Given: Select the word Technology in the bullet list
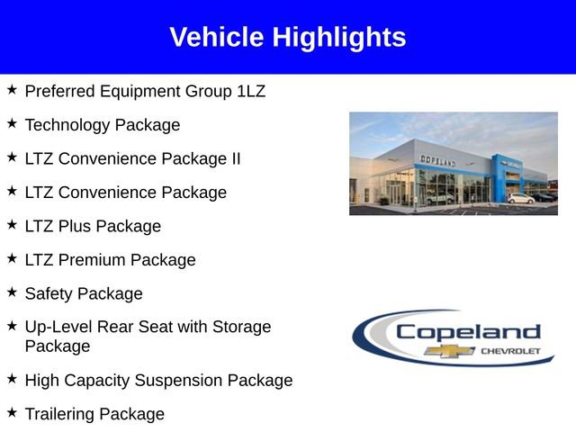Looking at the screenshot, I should pos(67,125).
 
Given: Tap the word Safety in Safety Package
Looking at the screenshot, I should pos(48,293).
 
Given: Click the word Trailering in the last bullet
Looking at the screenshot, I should pos(59,414).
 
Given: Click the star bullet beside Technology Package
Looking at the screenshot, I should pos(12,123).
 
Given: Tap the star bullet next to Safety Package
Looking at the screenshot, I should pos(12,292).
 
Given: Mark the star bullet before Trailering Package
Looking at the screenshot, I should pos(12,412).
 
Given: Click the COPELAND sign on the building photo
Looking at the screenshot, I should pos(438,160).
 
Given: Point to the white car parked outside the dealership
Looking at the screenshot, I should pos(520,198).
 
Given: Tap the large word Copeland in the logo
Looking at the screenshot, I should pos(468,331).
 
